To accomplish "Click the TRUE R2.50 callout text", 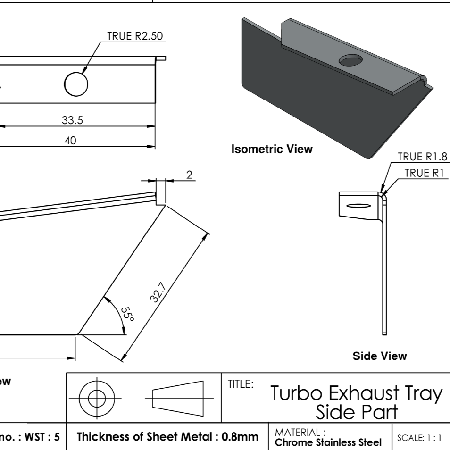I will pyautogui.click(x=137, y=36).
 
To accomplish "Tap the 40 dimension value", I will pyautogui.click(x=70, y=141).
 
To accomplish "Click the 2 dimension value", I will pyautogui.click(x=189, y=175).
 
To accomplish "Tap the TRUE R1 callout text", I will pyautogui.click(x=425, y=173).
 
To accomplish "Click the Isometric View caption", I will pyautogui.click(x=272, y=150).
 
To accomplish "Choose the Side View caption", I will pyautogui.click(x=379, y=356).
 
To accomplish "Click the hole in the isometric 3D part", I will pyautogui.click(x=350, y=60).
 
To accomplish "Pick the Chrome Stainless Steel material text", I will pyautogui.click(x=328, y=442).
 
